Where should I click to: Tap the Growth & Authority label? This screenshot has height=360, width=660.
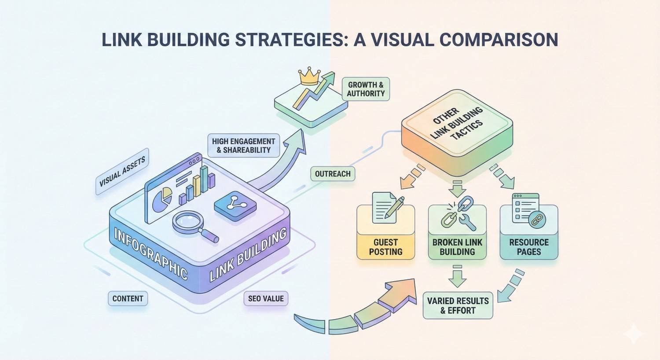coord(366,89)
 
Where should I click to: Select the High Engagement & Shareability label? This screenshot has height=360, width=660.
coord(243,146)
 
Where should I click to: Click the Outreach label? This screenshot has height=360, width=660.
coord(333,174)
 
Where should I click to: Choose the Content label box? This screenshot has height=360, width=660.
coord(128,298)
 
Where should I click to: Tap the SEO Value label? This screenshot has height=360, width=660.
coord(266,298)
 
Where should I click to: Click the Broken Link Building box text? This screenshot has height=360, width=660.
coord(457,247)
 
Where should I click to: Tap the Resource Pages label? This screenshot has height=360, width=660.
coord(529,247)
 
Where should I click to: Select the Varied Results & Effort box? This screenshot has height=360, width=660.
coord(458,305)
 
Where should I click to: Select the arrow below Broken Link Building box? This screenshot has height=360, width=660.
coord(458,276)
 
